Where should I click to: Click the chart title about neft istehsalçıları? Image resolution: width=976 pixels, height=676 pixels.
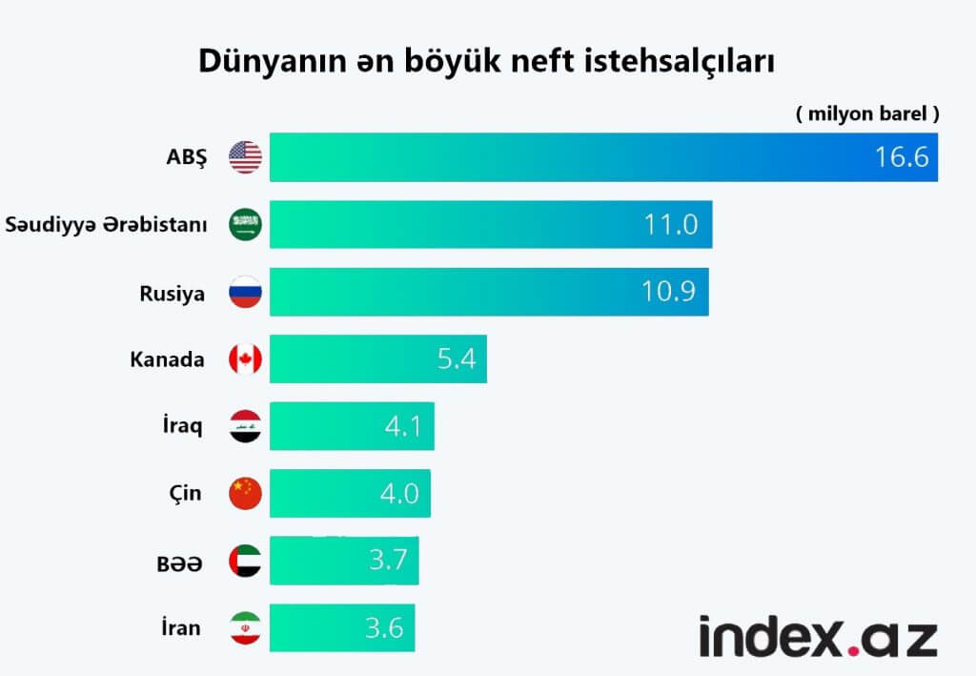(486, 60)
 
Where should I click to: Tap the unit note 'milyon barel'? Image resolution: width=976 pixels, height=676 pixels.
(867, 113)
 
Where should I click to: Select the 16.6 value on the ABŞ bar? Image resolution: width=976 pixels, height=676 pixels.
(902, 157)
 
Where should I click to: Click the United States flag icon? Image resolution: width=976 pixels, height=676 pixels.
(245, 156)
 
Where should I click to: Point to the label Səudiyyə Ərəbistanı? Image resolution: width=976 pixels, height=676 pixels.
(106, 225)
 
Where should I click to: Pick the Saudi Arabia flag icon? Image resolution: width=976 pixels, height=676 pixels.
(245, 225)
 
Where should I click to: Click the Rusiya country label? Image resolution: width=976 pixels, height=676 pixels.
(172, 293)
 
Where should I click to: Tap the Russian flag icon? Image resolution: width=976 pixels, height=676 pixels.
(245, 293)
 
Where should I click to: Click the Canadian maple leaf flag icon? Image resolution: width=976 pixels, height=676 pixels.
(245, 359)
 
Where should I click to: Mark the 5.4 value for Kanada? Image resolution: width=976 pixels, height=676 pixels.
(456, 360)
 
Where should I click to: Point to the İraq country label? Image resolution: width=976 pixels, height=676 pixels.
(182, 426)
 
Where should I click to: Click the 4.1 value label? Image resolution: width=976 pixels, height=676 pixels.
(404, 426)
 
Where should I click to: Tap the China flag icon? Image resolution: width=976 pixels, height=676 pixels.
(245, 493)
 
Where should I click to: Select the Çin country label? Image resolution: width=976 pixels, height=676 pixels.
(183, 494)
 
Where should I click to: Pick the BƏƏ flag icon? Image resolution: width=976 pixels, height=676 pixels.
(245, 562)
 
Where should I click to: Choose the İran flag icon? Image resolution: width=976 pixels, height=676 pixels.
(245, 628)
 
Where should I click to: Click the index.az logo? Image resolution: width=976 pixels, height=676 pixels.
(818, 636)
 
